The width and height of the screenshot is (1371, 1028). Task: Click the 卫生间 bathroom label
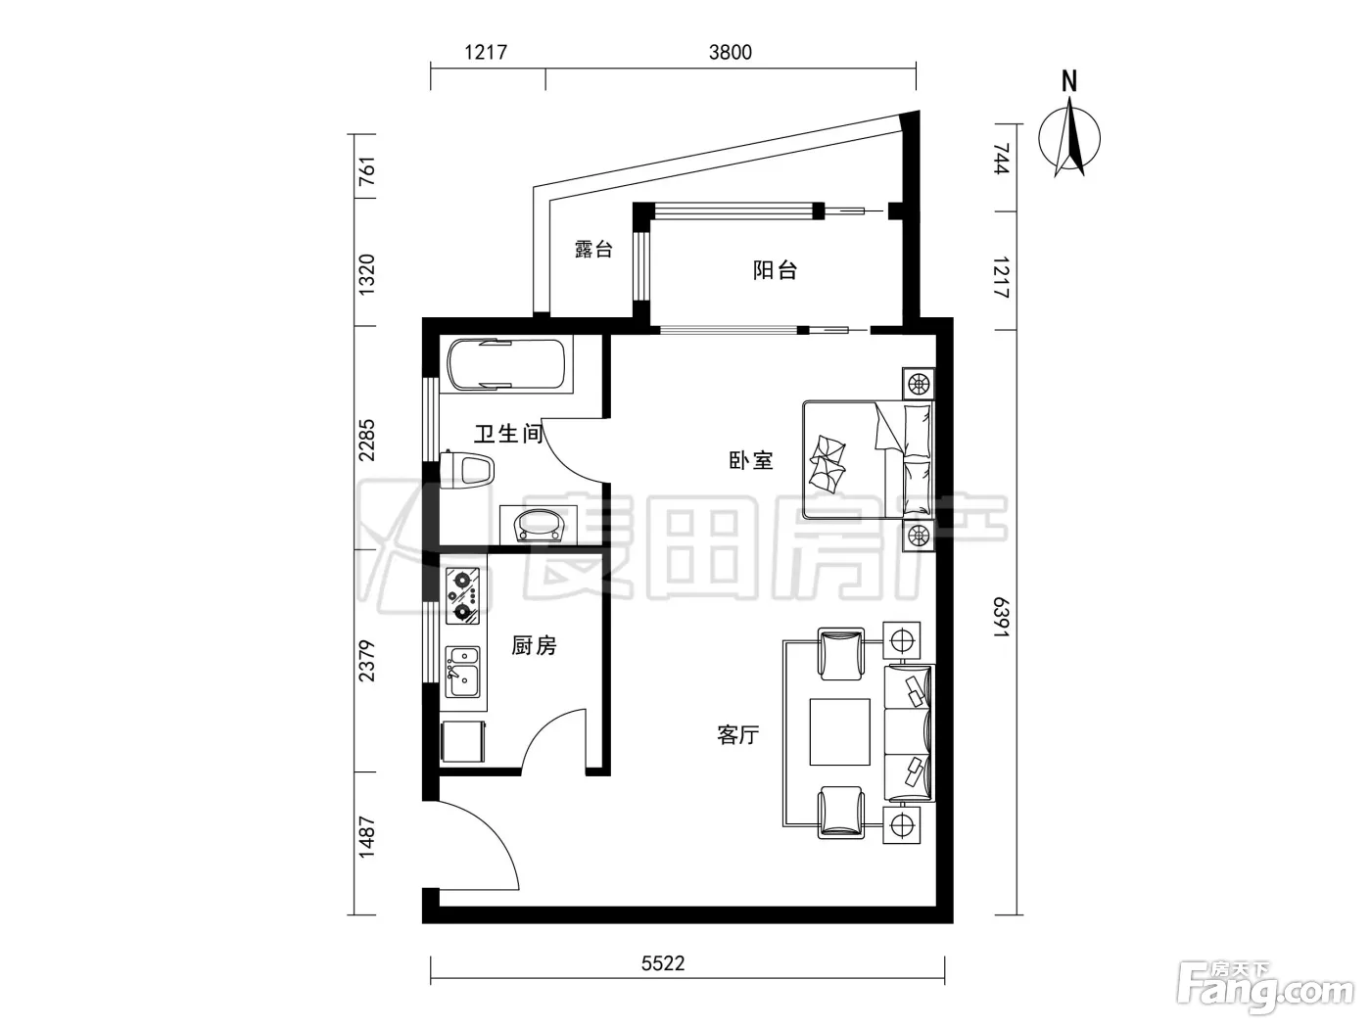click(x=508, y=433)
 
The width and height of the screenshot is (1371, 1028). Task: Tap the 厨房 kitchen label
click(x=534, y=645)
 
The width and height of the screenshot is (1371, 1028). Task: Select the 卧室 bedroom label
click(x=751, y=460)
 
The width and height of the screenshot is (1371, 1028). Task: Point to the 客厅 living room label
click(x=737, y=734)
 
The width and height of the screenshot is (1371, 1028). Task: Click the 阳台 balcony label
click(x=775, y=270)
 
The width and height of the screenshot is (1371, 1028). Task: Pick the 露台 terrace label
click(x=593, y=249)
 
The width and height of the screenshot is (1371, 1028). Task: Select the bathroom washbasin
click(x=539, y=525)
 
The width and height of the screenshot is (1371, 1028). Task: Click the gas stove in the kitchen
click(x=462, y=595)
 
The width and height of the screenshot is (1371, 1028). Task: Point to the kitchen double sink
click(x=462, y=672)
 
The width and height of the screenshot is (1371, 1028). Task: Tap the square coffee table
click(x=839, y=732)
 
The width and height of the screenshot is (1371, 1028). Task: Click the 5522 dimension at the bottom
click(x=663, y=963)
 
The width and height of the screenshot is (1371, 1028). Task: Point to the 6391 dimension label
click(x=1001, y=617)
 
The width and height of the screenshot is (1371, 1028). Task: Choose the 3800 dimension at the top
click(x=731, y=52)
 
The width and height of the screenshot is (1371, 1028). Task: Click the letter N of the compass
click(x=1069, y=82)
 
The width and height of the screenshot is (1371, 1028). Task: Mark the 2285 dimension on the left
click(x=366, y=441)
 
